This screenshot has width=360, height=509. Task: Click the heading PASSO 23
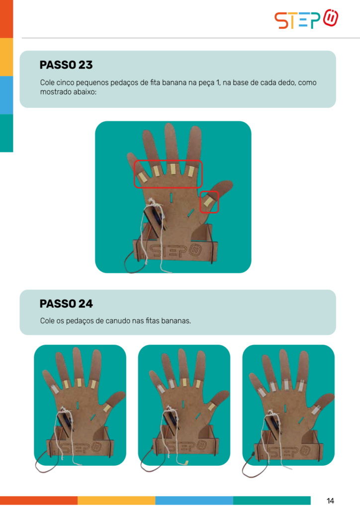click(x=66, y=65)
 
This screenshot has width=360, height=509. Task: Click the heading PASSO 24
click(x=66, y=304)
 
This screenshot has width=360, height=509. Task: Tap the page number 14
click(x=330, y=501)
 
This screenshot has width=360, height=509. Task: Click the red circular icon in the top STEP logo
click(x=331, y=18)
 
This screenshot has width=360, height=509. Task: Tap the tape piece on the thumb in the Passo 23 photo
click(x=208, y=202)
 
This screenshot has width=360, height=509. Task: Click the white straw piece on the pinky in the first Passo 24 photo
click(x=54, y=389)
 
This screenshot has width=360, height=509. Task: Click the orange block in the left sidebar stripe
click(x=6, y=19)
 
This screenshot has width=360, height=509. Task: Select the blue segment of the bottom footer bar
click(x=194, y=500)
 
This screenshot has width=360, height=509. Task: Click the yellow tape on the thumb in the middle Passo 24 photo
click(x=211, y=406)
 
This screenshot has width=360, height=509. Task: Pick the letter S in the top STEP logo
click(x=281, y=21)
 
